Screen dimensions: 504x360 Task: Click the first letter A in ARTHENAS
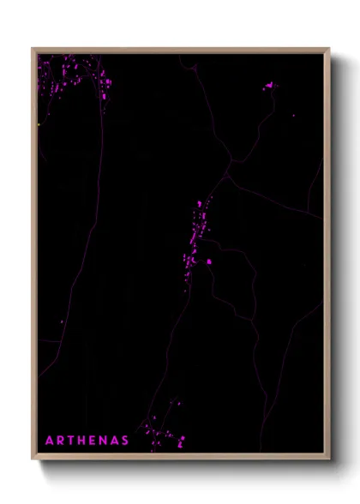click(49, 441)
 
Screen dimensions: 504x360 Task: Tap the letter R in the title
click(61, 441)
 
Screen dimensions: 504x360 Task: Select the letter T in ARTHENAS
click(72, 441)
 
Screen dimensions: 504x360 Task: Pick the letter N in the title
click(105, 441)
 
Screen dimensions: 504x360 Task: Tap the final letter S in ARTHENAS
click(126, 441)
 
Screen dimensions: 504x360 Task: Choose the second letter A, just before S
click(116, 441)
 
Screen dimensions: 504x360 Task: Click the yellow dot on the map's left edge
click(39, 125)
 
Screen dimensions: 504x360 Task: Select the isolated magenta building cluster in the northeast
click(271, 86)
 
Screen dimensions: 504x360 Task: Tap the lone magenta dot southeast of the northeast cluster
click(293, 115)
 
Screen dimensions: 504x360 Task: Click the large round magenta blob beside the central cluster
click(208, 262)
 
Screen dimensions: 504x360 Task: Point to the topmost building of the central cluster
click(200, 203)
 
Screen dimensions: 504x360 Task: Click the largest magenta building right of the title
click(182, 441)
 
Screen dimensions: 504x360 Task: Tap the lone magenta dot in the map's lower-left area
click(61, 322)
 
